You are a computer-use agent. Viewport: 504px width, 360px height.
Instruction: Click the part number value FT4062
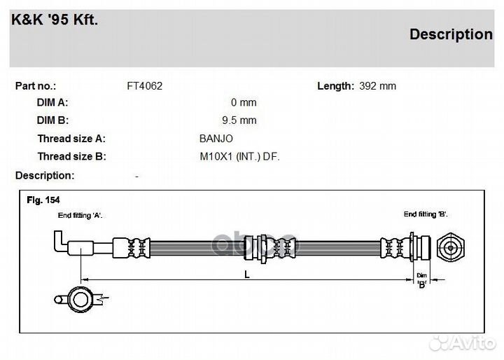point(144,86)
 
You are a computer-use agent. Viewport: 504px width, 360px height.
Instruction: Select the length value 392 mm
point(377,86)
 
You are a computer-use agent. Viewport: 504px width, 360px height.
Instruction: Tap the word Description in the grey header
point(450,34)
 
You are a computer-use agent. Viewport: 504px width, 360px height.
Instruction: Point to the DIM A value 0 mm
point(244,103)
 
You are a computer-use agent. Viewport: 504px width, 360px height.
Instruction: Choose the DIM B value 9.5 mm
point(239,120)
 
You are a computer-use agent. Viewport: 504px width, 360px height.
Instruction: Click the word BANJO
point(216,139)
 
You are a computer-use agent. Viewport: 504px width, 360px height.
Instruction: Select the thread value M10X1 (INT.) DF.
point(239,157)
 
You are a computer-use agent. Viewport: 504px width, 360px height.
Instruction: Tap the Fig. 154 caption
point(43,200)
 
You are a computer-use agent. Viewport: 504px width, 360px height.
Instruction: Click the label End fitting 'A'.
point(80,216)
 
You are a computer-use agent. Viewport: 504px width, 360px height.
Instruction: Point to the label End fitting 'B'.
point(426,214)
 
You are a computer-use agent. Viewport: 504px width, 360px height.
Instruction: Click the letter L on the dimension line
point(247,275)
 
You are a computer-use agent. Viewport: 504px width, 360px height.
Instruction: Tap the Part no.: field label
point(36,86)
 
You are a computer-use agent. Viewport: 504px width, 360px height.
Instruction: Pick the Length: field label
point(335,86)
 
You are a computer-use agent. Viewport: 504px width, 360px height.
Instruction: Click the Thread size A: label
point(71,139)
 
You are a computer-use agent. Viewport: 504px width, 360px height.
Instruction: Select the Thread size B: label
point(71,157)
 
